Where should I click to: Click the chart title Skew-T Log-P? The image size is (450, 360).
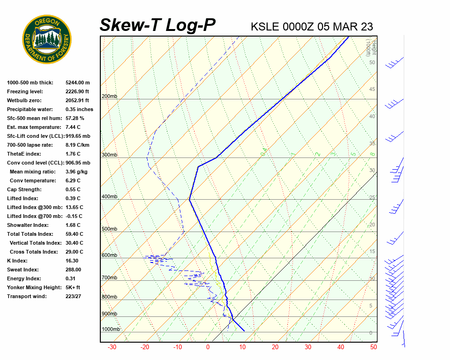[157, 25]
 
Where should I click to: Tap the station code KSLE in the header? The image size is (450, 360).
[265, 26]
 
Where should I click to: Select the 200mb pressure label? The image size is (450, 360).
[109, 97]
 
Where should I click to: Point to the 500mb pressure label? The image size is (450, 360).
[109, 229]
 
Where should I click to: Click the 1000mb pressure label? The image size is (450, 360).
[111, 329]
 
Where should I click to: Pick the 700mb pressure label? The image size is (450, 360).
[109, 278]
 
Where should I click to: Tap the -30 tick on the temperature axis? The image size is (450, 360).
[112, 347]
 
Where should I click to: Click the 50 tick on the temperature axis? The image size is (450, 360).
[373, 347]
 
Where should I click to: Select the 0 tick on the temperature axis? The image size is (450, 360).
[208, 347]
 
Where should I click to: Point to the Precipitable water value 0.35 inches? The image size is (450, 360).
[79, 109]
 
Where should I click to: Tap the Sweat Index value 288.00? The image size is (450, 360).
[73, 270]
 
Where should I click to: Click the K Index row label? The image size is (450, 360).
[17, 261]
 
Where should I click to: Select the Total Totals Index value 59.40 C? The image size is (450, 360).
[74, 234]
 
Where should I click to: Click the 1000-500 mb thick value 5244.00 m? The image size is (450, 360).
[77, 82]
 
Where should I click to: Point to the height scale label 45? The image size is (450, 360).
[372, 90]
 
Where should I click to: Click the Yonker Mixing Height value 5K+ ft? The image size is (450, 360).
[73, 287]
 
